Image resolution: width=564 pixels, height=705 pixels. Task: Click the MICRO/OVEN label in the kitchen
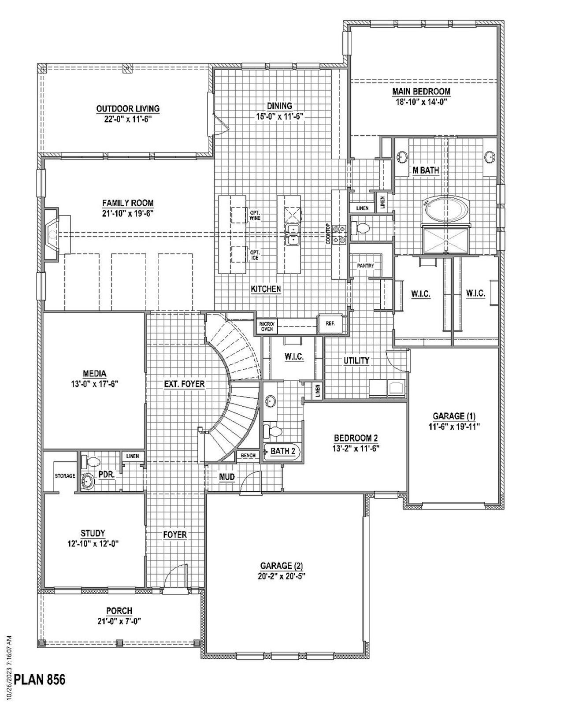(267, 327)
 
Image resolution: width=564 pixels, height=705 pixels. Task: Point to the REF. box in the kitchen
(330, 323)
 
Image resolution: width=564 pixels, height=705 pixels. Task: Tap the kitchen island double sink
(292, 234)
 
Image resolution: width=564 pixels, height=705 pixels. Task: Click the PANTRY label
(365, 266)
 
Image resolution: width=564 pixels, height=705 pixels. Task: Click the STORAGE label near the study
(65, 476)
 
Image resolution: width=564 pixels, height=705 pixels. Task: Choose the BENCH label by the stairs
(248, 456)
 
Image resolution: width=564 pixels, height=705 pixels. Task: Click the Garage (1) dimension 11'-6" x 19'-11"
(454, 427)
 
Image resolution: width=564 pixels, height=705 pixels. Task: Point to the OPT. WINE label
(255, 215)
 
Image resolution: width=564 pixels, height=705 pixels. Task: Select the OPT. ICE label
(255, 255)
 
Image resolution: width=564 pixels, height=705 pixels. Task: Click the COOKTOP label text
(328, 234)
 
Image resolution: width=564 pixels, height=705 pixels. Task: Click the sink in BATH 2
(270, 401)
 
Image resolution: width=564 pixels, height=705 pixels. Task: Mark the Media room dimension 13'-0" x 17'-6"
(94, 384)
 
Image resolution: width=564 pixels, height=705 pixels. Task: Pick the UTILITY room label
(356, 361)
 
